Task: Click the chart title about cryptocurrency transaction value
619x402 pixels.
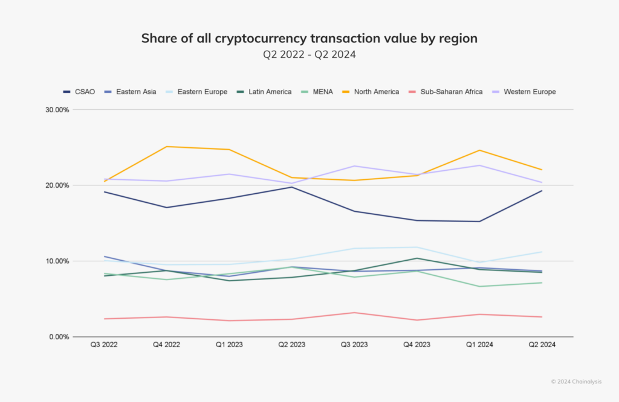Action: tap(309, 39)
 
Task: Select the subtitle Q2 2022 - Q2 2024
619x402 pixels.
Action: tap(309, 54)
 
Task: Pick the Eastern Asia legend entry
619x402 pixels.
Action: tap(131, 92)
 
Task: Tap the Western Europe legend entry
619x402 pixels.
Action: tap(525, 92)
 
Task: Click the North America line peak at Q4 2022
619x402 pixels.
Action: tap(167, 147)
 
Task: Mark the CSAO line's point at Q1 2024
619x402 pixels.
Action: tap(479, 222)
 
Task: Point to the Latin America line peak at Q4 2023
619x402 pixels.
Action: tap(416, 258)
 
